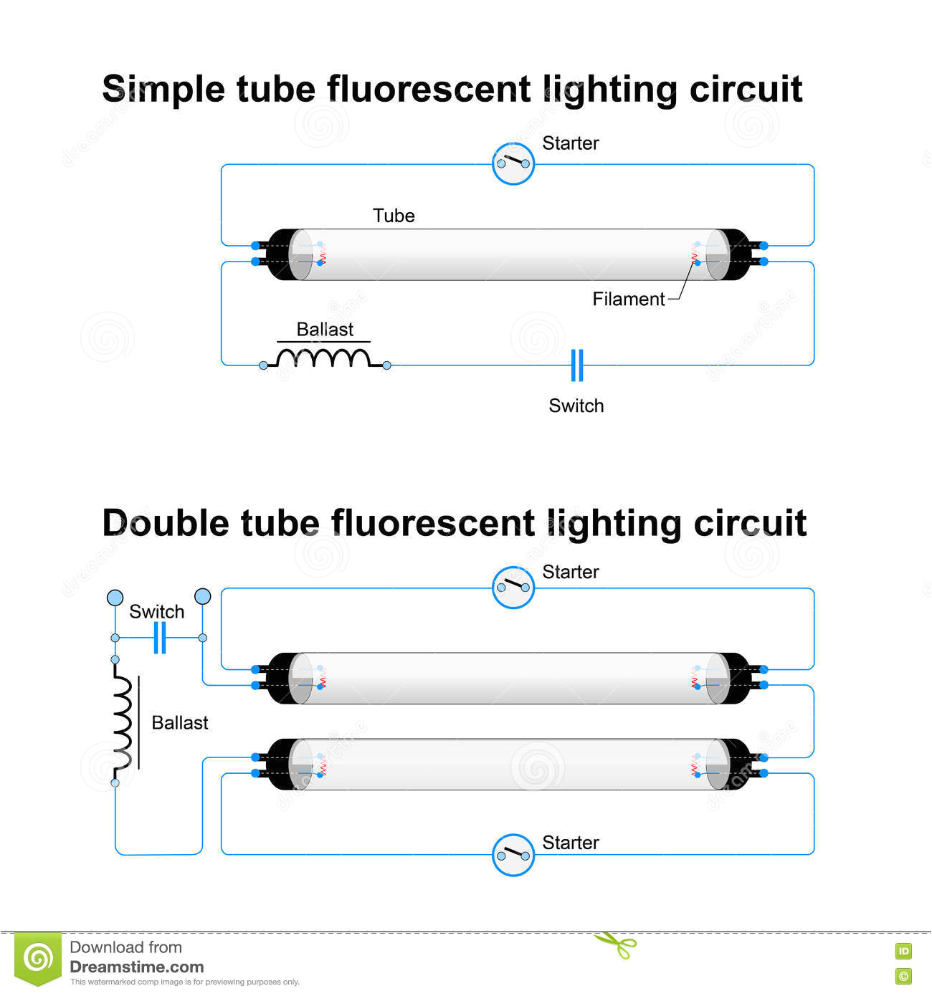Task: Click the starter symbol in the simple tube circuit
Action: pos(513,164)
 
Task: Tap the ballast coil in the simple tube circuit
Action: pos(325,358)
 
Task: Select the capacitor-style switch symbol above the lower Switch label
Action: pos(577,365)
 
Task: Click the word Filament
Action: pos(628,300)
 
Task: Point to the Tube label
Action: pos(394,216)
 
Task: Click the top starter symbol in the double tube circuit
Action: pos(513,588)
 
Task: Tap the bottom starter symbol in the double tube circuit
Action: pos(513,855)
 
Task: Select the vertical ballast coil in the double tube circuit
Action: pos(123,722)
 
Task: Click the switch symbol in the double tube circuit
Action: pos(160,638)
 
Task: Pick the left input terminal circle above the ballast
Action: pos(115,598)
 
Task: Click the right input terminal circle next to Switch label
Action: pos(203,596)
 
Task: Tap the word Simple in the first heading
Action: pos(163,90)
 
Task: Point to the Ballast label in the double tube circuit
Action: pos(179,723)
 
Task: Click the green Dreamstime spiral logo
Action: pos(38,958)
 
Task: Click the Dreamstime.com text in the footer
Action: pos(136,967)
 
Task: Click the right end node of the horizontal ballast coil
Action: pos(386,365)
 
